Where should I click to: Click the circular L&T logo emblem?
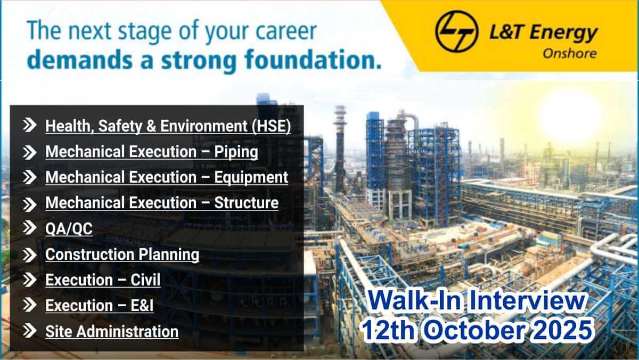click(x=457, y=31)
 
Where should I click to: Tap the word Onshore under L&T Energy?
click(x=570, y=54)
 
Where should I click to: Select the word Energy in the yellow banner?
click(x=564, y=34)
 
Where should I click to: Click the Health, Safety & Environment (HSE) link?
click(x=168, y=126)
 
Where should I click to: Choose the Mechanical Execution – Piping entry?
click(x=152, y=151)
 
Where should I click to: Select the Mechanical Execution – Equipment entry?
click(x=167, y=177)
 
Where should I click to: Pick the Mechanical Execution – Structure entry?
click(x=162, y=202)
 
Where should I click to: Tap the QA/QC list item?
click(x=69, y=229)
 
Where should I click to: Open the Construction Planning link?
click(x=122, y=254)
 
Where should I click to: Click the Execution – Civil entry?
click(x=103, y=280)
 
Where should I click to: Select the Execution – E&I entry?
click(x=99, y=306)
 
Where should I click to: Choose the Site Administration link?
click(x=112, y=331)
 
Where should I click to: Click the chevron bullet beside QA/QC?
click(x=30, y=228)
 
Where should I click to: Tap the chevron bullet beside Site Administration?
click(x=30, y=331)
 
